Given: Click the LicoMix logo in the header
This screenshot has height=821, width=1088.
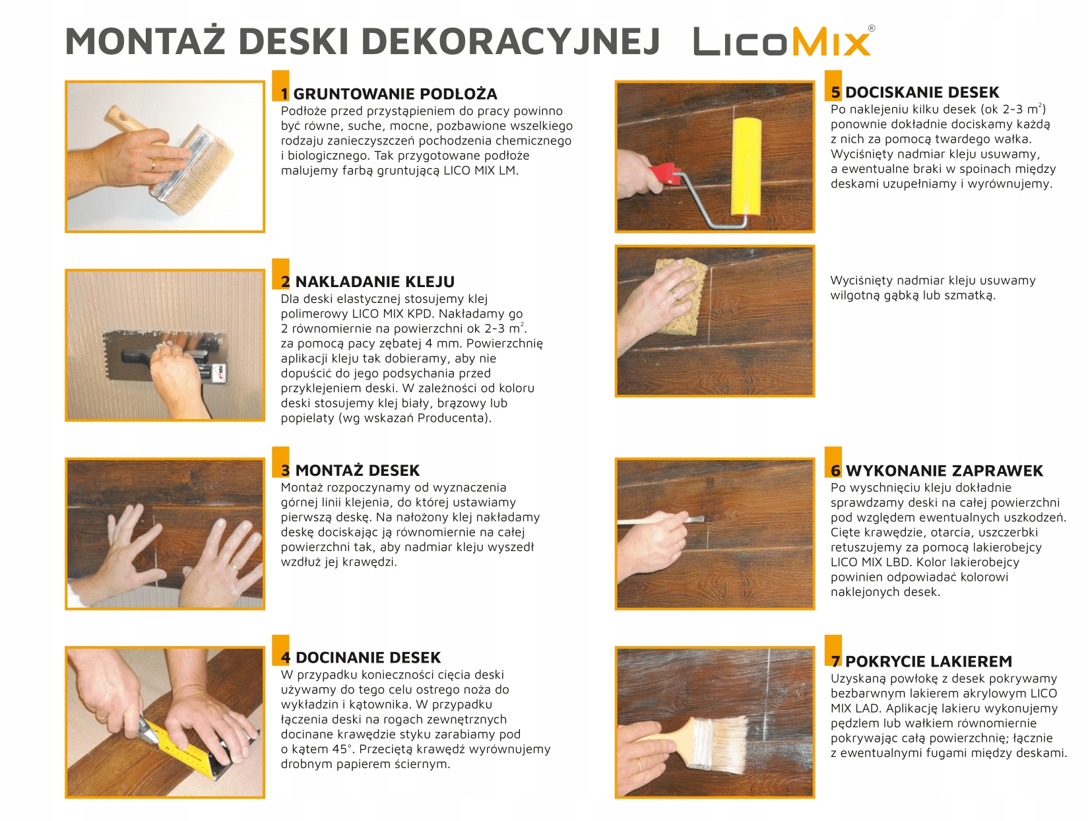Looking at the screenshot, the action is point(784,41).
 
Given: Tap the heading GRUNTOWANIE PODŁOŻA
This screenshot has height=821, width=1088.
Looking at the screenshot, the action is point(395,94).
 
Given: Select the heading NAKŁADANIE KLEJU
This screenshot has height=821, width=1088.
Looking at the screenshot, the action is point(375,282).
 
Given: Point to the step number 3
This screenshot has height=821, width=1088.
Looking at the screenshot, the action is point(285,470).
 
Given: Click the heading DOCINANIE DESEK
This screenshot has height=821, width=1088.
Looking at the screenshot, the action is point(368,657).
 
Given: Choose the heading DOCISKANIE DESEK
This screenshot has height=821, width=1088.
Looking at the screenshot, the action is point(922,92).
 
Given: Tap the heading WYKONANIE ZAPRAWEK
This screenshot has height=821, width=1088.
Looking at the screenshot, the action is point(944,471).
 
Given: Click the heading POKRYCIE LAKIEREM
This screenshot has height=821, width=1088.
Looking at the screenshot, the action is point(928,661).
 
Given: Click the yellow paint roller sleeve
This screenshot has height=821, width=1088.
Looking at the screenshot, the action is point(746,166).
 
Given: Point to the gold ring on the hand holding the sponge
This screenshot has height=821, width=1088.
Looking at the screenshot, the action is point(674,296).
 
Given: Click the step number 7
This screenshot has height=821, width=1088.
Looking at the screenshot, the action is point(836,661).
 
